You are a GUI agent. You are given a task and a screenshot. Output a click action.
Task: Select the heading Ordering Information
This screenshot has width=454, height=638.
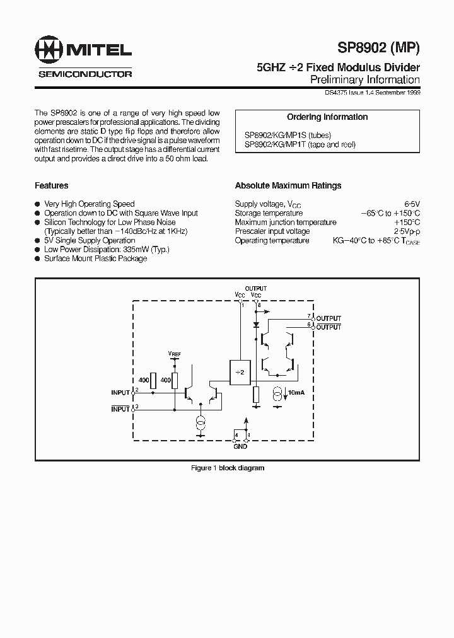[327, 117]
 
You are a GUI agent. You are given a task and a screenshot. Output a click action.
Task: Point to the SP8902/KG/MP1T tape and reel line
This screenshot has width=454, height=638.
[300, 144]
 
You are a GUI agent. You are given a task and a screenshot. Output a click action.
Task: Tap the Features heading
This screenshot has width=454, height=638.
[51, 186]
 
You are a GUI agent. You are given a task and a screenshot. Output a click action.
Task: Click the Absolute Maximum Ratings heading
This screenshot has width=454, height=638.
[288, 186]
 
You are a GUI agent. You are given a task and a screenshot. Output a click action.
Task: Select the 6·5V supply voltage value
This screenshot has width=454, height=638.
[412, 204]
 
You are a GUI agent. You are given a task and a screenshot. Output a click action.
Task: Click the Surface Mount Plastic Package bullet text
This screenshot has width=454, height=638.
[95, 258]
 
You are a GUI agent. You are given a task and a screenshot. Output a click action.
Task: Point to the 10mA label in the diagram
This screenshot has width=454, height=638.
[295, 393]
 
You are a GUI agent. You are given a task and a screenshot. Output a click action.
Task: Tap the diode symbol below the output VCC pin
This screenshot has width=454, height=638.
[255, 325]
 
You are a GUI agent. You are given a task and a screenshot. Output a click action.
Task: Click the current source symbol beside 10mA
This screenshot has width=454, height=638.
[277, 395]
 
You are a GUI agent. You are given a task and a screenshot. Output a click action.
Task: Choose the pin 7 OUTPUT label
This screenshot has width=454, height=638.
[329, 318]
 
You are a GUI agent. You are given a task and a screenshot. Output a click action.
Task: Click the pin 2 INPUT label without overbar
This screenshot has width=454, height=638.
[120, 393]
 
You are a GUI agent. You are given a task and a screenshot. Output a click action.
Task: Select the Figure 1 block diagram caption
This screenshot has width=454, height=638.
[227, 468]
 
